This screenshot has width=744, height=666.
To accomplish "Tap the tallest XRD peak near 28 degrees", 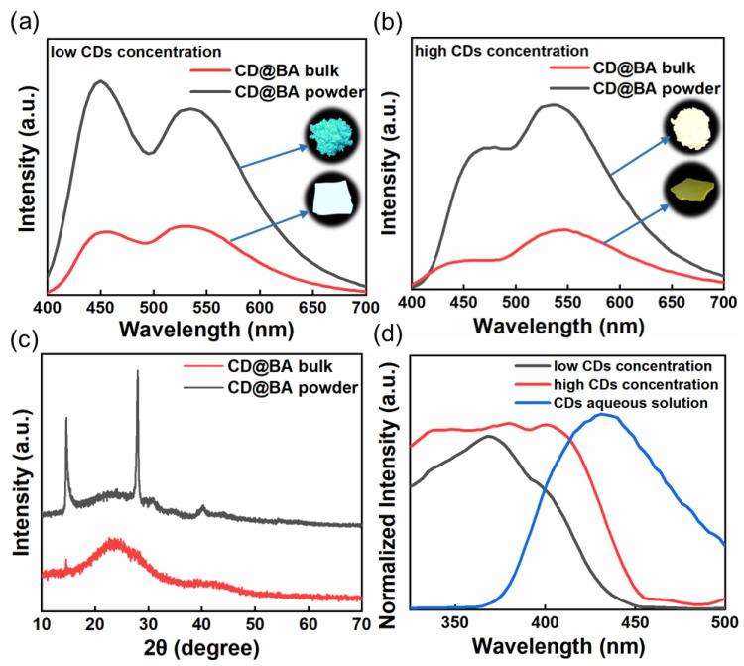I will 137,371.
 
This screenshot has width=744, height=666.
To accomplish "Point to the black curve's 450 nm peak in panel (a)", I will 99,81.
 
